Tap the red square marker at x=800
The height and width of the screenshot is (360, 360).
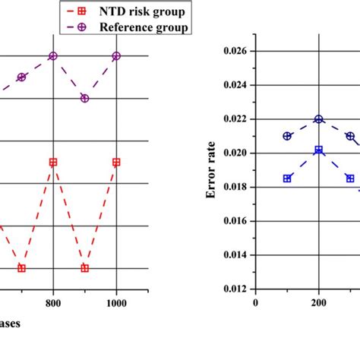(x=53, y=162)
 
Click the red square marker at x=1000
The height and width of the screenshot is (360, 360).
(x=116, y=162)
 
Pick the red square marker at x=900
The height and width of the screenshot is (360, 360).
(x=84, y=268)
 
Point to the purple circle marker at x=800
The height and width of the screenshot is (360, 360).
(x=53, y=56)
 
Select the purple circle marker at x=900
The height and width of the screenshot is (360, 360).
(x=84, y=98)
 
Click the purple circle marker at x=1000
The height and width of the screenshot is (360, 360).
(x=116, y=56)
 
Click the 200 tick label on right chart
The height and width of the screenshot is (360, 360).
(x=318, y=302)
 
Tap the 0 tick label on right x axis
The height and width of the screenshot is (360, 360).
(x=256, y=302)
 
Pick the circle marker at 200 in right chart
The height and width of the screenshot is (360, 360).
(x=319, y=119)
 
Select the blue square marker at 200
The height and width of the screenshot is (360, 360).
(x=319, y=150)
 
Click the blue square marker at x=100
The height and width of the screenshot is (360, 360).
(x=287, y=178)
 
